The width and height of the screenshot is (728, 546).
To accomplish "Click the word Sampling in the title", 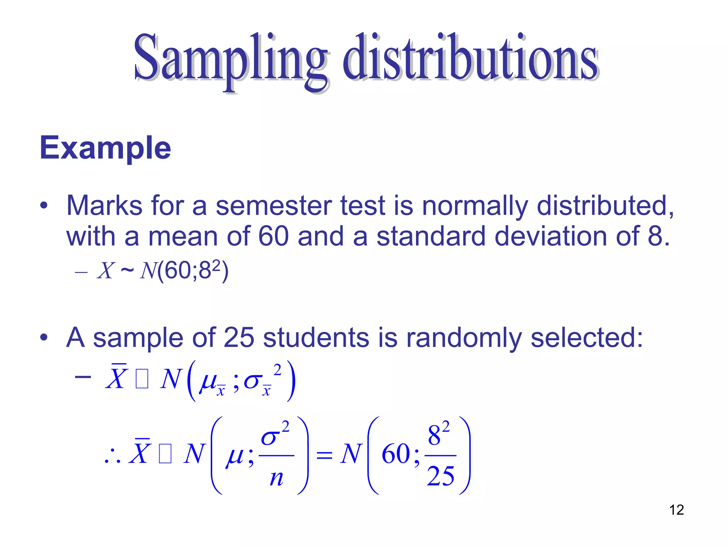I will click(x=229, y=59).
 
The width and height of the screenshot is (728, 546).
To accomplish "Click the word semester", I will click(x=273, y=206).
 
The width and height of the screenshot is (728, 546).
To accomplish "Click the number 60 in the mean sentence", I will click(x=273, y=236).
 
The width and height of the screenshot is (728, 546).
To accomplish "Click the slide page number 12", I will click(x=676, y=510).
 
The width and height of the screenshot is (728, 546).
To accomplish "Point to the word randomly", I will click(x=464, y=337).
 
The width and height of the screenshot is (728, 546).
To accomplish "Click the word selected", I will click(x=587, y=337).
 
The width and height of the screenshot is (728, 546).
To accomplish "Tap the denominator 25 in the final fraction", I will click(x=440, y=476).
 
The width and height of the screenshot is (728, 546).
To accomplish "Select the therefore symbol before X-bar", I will click(x=113, y=457).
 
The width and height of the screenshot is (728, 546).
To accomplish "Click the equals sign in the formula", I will click(x=324, y=455).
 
